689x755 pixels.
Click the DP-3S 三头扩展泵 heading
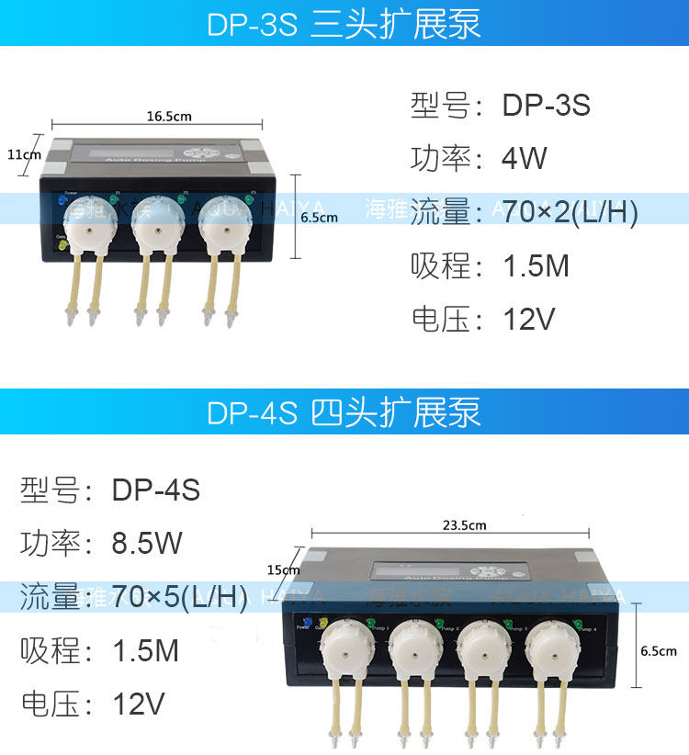[x=344, y=23]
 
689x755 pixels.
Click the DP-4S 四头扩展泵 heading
[x=344, y=412]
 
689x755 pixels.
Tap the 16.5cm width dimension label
[x=169, y=117]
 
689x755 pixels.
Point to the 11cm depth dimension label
[x=24, y=154]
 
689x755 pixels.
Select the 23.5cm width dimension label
[x=464, y=525]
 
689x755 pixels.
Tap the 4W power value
[x=524, y=159]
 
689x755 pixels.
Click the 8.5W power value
[x=147, y=543]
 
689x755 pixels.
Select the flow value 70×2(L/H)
[x=570, y=212]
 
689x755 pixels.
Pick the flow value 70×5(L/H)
[x=179, y=597]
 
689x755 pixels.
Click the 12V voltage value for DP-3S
[x=529, y=320]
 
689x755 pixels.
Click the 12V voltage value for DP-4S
[x=139, y=704]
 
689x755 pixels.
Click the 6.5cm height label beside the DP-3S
[x=320, y=218]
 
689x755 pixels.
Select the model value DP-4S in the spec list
[x=156, y=490]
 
